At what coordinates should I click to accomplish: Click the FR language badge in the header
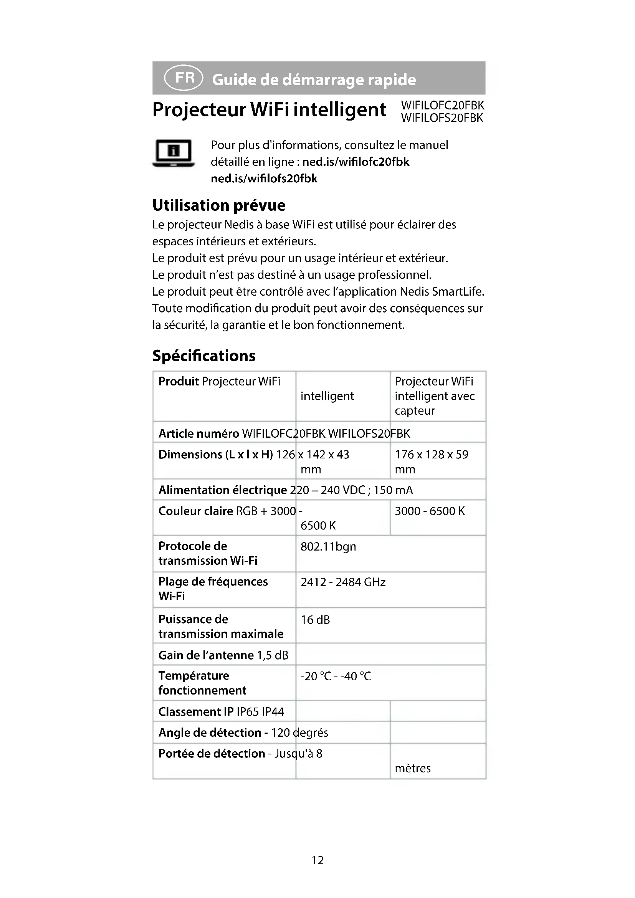[184, 78]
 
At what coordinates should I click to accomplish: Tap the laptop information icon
[173, 153]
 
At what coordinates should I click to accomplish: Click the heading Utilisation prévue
[218, 205]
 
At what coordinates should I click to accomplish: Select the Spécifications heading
[204, 356]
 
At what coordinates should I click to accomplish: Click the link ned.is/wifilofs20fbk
[264, 179]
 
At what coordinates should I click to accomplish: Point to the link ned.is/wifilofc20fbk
[356, 162]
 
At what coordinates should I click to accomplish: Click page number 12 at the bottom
[317, 860]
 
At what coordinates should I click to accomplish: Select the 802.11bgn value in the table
[328, 546]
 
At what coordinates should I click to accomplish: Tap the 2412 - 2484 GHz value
[343, 582]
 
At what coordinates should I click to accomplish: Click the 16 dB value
[315, 620]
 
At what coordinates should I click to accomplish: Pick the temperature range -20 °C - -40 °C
[336, 676]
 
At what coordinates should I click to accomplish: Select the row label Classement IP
[196, 711]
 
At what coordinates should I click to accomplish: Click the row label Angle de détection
[210, 733]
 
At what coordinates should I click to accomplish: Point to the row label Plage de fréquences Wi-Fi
[213, 589]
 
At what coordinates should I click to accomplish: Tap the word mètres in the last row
[412, 768]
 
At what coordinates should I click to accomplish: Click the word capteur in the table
[415, 411]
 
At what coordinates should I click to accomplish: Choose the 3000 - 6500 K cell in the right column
[430, 511]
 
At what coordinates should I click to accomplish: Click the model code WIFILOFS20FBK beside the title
[442, 118]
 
